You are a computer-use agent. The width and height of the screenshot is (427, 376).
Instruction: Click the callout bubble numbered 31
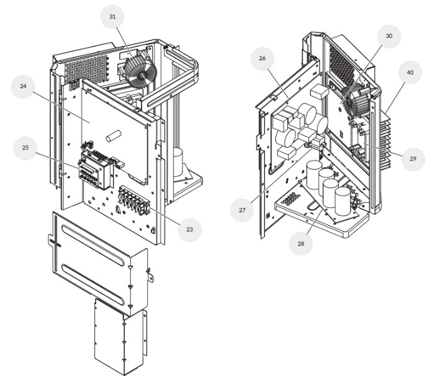point(112,16)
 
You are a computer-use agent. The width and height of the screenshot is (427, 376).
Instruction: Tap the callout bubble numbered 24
point(23,86)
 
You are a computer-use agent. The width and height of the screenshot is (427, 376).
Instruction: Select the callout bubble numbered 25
point(25,148)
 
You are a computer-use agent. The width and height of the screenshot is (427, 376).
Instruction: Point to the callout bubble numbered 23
point(189,230)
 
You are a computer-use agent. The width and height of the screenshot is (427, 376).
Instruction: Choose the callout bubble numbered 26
point(263,58)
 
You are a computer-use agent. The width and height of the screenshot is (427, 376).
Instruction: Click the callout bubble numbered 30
point(389,36)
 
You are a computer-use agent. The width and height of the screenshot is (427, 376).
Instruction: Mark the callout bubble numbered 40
point(410,73)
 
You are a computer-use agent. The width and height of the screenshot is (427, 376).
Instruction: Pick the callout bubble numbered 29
point(413,159)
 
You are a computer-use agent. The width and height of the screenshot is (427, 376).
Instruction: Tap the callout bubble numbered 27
point(242,210)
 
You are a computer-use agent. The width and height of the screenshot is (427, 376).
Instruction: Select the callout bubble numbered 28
point(300,243)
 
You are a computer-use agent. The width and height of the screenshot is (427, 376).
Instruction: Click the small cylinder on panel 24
point(114,136)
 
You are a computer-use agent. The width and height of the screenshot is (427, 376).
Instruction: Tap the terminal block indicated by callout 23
point(134,200)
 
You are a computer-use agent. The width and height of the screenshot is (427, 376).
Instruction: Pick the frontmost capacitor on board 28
point(343,202)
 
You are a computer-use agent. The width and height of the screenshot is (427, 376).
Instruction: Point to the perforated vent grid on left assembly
point(87,69)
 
